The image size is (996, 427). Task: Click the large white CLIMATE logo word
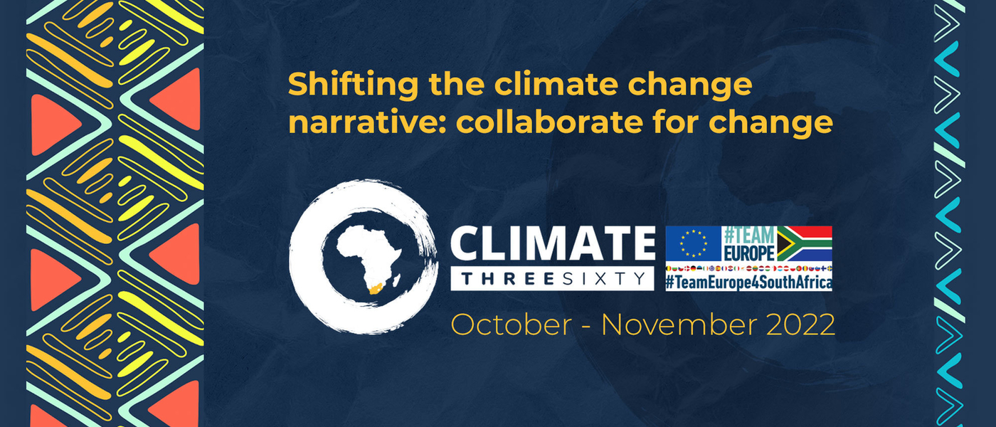click(552, 245)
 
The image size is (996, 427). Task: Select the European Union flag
click(693, 243)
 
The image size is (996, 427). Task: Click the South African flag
click(804, 243)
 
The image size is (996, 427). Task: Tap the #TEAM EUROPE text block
click(748, 243)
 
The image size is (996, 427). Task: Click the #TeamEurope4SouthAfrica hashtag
click(748, 282)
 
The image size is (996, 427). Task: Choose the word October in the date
click(510, 325)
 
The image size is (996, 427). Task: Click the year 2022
click(801, 325)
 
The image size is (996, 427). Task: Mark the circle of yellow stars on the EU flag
click(693, 243)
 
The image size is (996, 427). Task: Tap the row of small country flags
click(748, 268)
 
